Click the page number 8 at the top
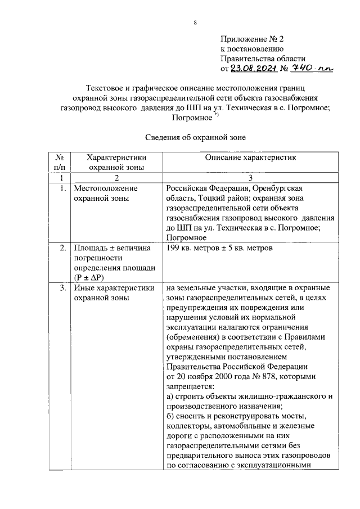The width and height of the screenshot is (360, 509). [x=195, y=22]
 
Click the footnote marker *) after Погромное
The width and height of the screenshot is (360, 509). [x=216, y=115]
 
